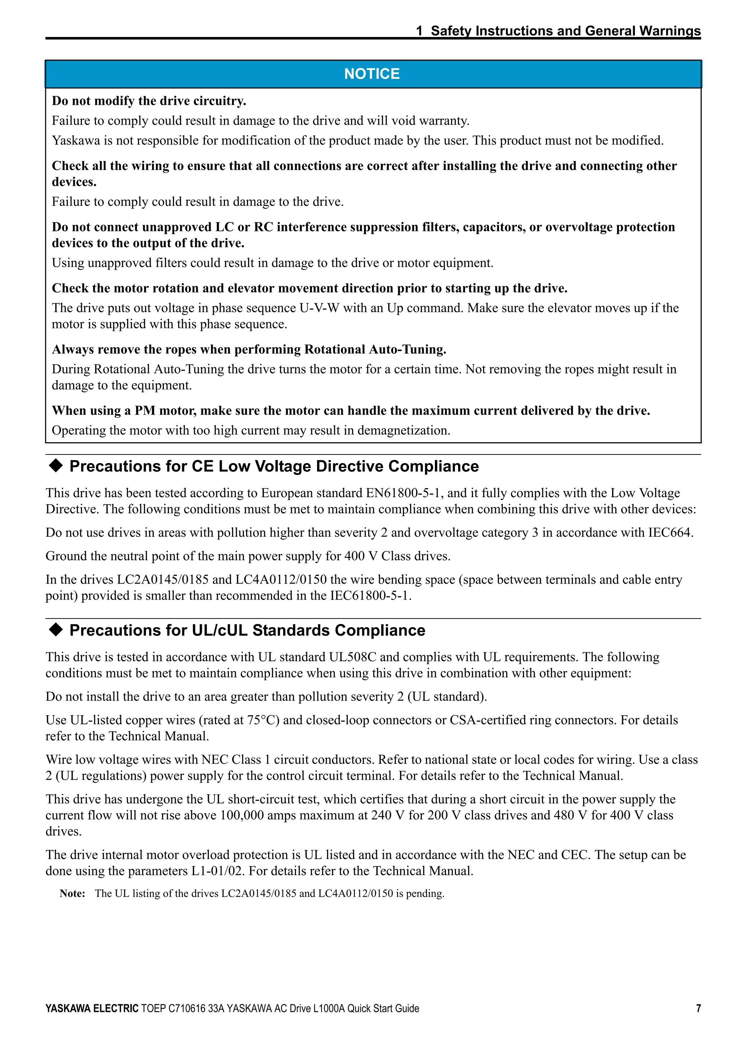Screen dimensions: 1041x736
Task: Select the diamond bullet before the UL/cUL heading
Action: click(x=55, y=630)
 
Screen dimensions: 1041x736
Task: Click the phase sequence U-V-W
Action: click(x=319, y=308)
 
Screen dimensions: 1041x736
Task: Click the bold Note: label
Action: click(x=72, y=894)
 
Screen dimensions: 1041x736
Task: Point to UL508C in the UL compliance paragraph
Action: click(x=351, y=657)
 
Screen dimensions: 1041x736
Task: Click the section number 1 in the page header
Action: click(x=419, y=31)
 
